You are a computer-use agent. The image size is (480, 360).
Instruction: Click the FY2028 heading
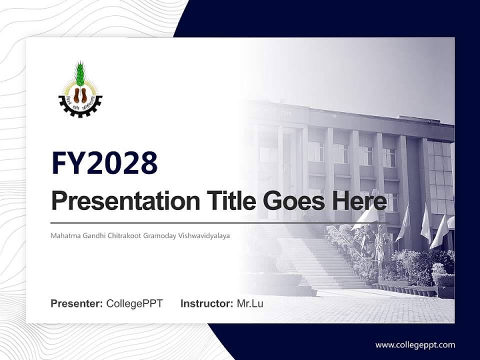point(104,163)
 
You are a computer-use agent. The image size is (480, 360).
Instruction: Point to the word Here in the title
point(361,201)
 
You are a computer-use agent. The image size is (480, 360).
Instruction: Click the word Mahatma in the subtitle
point(63,235)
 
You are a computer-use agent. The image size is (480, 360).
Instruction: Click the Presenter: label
point(77,303)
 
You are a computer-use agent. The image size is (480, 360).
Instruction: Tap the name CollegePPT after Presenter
point(134,303)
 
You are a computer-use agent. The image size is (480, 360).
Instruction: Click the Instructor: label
point(206,303)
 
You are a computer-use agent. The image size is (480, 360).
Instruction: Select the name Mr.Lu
point(250,303)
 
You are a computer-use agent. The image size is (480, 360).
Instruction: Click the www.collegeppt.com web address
point(415,344)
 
